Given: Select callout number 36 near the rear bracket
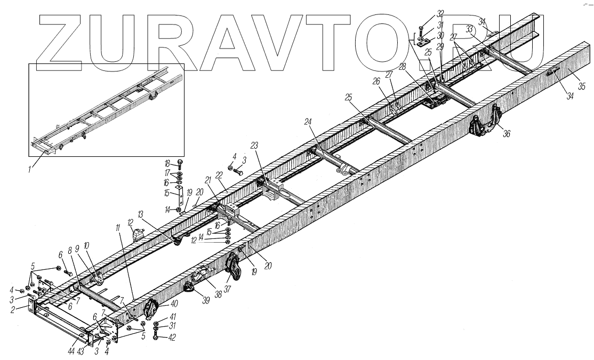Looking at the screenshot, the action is click(x=507, y=134).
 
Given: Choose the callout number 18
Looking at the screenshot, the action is click(x=167, y=164).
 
